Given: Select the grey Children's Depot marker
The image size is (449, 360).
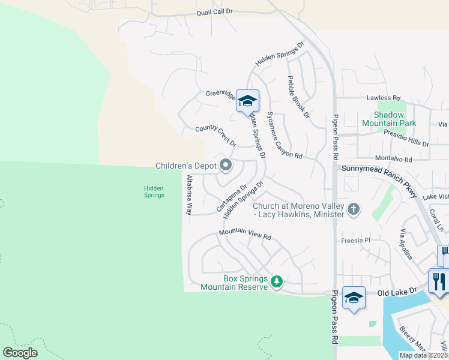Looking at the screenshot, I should (x=226, y=164).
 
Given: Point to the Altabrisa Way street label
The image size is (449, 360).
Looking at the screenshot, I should (x=189, y=195).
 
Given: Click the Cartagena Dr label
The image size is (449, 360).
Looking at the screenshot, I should (x=231, y=198).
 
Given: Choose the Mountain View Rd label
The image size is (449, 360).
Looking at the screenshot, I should (x=245, y=233).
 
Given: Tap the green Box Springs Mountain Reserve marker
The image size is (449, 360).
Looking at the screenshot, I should (x=277, y=281).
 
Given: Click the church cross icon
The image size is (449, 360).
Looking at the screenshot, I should (x=354, y=209).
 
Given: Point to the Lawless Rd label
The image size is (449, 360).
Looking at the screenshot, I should (x=384, y=98).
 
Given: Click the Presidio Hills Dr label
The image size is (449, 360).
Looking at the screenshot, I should (x=406, y=139).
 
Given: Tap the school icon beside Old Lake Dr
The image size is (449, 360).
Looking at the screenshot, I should (x=354, y=298).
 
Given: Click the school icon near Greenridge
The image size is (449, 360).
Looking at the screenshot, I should (x=247, y=101).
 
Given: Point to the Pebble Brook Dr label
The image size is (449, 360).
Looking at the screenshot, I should (x=298, y=97).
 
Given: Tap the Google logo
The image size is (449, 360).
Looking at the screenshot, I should (x=20, y=353).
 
